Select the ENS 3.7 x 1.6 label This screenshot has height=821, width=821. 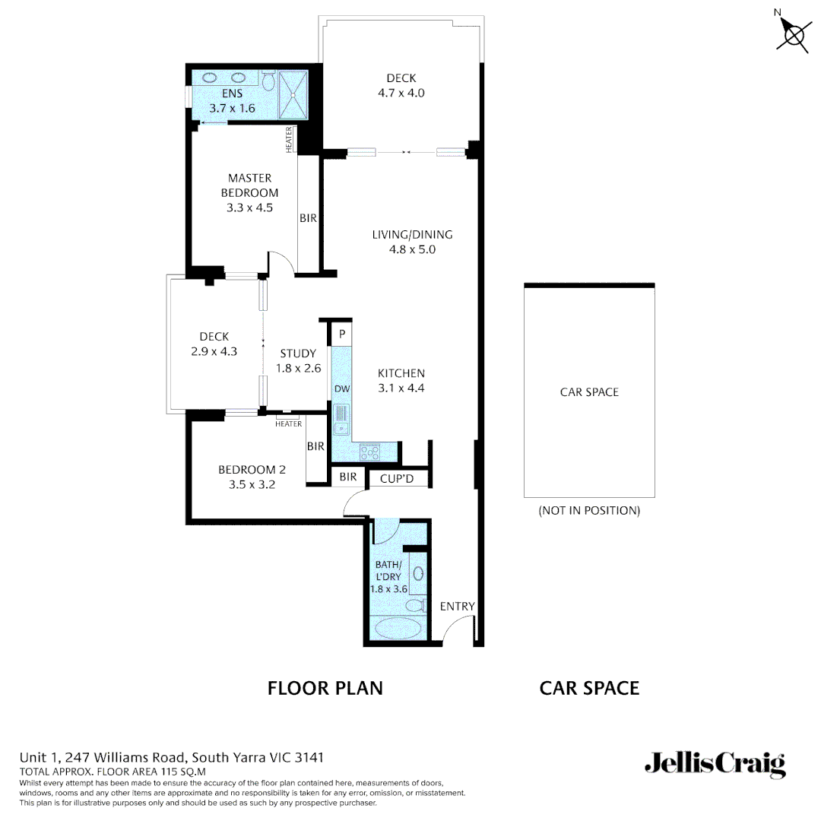(232, 101)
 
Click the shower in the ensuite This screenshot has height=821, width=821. (293, 94)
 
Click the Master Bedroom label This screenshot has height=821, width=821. (249, 192)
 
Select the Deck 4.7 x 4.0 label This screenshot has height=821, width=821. (401, 86)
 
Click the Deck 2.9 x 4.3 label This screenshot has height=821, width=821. (214, 344)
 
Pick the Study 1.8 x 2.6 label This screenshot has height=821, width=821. (297, 360)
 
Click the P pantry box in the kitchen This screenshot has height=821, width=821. (342, 334)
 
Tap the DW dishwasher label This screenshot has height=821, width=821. (341, 389)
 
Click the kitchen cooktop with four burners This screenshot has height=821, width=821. (370, 452)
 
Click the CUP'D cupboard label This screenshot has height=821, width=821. (396, 478)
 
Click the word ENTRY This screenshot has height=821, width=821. (457, 606)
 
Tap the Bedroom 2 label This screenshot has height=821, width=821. (246, 476)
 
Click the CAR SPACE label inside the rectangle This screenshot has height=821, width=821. (589, 392)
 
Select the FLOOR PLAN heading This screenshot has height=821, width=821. (325, 688)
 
